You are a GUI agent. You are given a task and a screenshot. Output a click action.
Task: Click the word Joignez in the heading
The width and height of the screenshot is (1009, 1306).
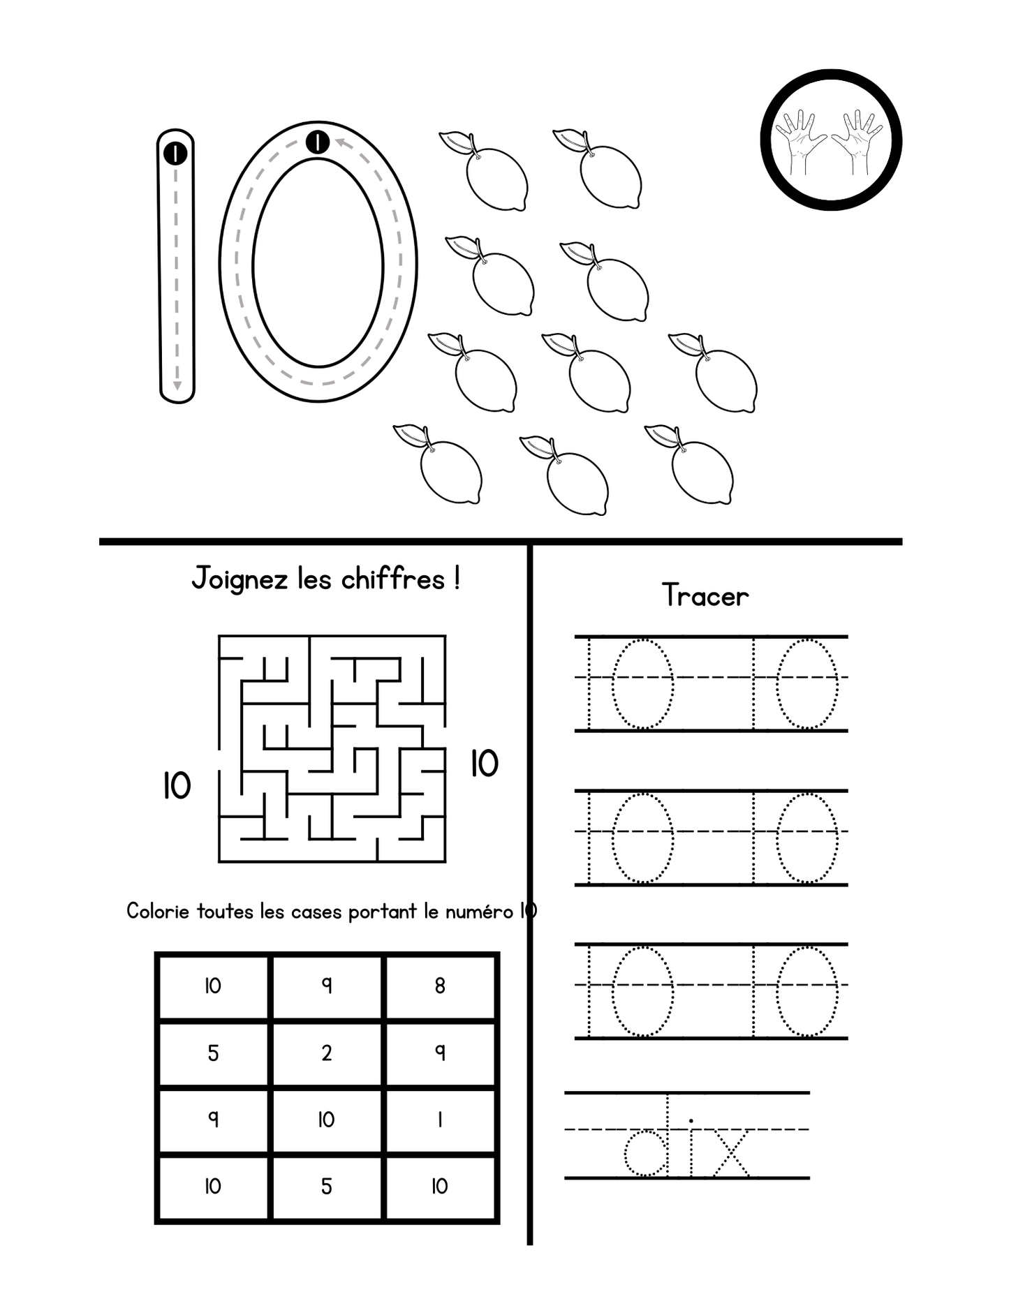240,580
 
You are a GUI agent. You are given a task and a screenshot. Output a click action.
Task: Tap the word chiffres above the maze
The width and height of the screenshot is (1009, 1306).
393,579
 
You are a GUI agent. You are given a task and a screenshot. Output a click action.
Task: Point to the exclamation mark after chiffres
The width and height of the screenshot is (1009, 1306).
456,579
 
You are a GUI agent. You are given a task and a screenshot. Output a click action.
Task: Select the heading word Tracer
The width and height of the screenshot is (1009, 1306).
705,596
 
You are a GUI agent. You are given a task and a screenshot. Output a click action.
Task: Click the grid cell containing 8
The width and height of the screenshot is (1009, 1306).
440,986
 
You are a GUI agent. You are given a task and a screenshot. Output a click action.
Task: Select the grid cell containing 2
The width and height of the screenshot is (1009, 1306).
327,1053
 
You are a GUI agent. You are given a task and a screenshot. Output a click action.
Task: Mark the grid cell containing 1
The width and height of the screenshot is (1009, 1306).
440,1120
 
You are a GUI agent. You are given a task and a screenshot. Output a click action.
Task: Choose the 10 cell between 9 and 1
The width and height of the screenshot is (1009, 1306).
327,1120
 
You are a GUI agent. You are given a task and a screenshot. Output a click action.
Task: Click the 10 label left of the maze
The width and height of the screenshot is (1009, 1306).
177,786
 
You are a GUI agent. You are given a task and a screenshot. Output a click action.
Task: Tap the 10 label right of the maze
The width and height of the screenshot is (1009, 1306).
485,764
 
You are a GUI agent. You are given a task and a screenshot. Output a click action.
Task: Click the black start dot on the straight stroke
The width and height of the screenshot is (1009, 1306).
175,153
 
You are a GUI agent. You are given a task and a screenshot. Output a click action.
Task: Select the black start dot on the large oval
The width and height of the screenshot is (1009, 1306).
318,142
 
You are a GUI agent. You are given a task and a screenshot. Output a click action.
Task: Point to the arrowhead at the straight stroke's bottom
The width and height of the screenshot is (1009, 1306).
177,385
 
